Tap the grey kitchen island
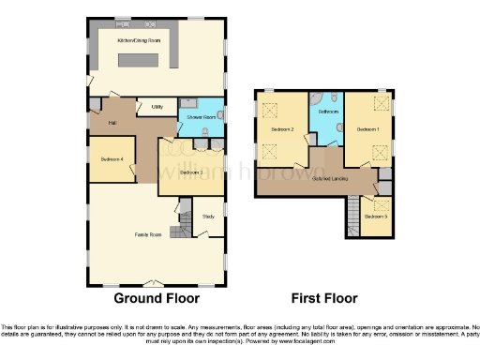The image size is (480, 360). pos(148,61)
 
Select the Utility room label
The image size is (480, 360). pos(157,107)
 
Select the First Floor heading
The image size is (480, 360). pos(325,299)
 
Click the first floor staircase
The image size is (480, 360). pos(352,212)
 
